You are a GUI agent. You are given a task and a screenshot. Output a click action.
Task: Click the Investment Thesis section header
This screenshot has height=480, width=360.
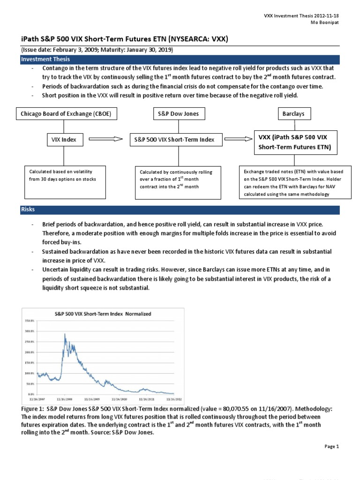click(45, 60)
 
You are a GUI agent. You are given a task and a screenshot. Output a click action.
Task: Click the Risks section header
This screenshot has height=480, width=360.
click(28, 210)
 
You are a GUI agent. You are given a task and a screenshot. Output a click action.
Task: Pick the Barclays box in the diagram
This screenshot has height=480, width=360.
click(293, 114)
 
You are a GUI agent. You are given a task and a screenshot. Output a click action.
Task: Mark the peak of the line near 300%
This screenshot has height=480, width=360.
click(64, 334)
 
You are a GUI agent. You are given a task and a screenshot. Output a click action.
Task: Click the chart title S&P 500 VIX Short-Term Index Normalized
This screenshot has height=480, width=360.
click(104, 313)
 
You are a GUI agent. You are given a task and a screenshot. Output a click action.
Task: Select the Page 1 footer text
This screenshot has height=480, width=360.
click(331, 447)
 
